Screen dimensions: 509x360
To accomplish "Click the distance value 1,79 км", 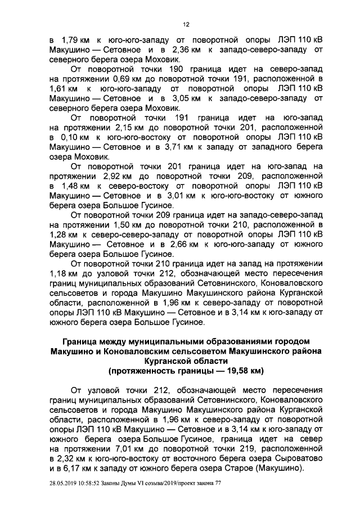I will tap(71, 42).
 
